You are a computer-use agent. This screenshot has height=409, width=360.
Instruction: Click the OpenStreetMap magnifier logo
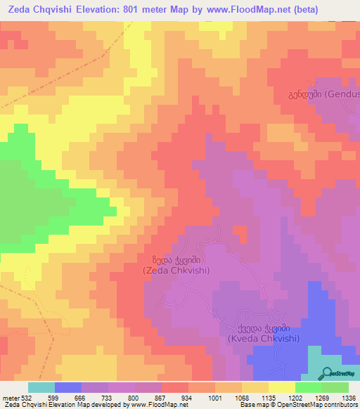[x=327, y=373]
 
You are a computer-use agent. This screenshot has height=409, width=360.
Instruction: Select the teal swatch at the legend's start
[x=41, y=387]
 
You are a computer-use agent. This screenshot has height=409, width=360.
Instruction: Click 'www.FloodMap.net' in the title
[x=229, y=10]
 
